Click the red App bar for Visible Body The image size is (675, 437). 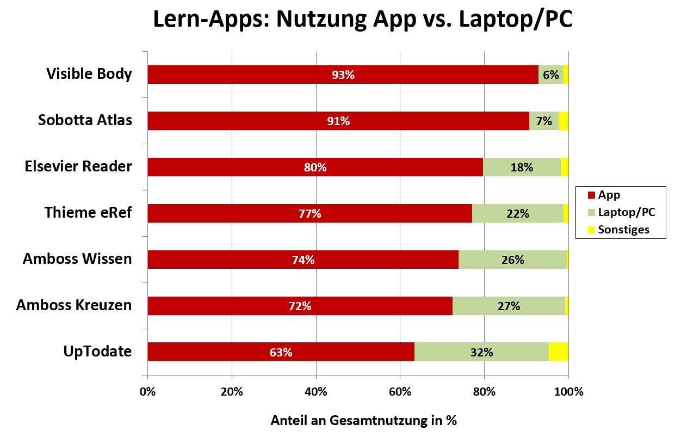[x=272, y=75]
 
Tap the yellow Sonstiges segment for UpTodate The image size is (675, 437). [x=559, y=352]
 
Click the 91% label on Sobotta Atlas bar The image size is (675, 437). [x=338, y=121]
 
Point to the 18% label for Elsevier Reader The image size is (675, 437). [x=522, y=168]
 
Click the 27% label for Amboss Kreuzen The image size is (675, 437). [x=509, y=306]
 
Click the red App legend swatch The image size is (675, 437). [x=591, y=195]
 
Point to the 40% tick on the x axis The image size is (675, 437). [x=316, y=391]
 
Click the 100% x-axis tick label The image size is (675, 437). [x=568, y=391]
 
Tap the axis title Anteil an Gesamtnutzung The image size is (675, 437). [x=363, y=420]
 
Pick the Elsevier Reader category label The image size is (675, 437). [x=78, y=167]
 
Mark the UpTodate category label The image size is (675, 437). [x=97, y=352]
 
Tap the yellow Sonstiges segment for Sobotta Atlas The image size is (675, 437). [x=563, y=121]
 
